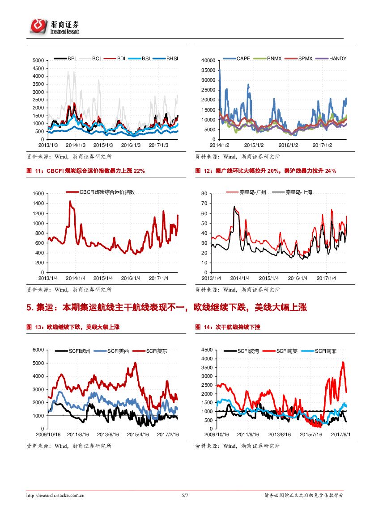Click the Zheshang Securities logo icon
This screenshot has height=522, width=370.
click(x=38, y=26)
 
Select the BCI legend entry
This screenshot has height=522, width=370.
click(x=96, y=58)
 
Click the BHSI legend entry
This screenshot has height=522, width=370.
click(x=172, y=58)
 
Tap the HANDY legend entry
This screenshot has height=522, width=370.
click(x=337, y=58)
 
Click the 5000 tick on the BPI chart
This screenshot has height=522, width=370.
click(x=38, y=60)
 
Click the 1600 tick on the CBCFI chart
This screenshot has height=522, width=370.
click(x=38, y=193)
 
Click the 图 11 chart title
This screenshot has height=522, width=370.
click(x=85, y=171)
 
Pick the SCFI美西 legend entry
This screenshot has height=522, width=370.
click(x=118, y=351)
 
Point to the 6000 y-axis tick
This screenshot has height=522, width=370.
click(x=38, y=350)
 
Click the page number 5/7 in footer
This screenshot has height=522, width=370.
click(x=185, y=495)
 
